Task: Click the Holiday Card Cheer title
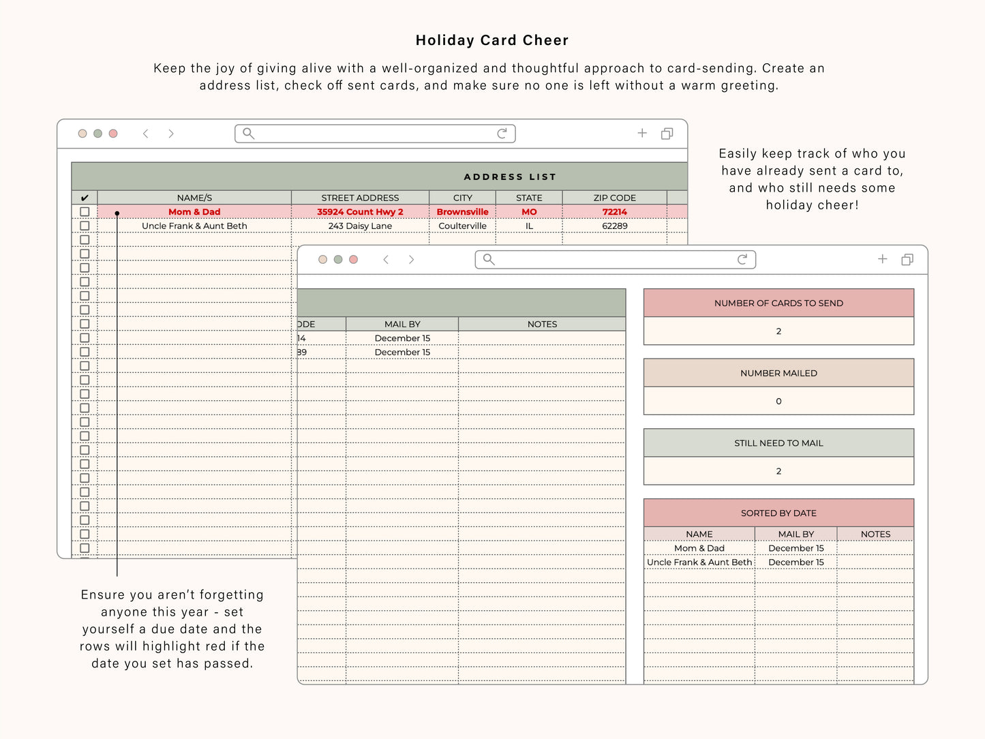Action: (492, 40)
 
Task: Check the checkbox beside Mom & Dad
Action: (85, 212)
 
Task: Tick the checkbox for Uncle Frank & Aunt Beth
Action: (85, 226)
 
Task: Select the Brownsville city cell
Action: (462, 212)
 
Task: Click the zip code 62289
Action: (614, 226)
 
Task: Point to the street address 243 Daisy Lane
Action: (360, 226)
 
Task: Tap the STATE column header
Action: (529, 198)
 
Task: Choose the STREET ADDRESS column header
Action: (360, 198)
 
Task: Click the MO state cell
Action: (529, 212)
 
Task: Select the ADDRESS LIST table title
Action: (510, 177)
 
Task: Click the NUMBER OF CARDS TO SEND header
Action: (778, 303)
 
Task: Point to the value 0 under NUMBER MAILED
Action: (778, 402)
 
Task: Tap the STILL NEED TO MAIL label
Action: (778, 443)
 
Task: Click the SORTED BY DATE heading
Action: (778, 513)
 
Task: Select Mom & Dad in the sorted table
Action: (699, 548)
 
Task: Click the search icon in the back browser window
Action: (249, 134)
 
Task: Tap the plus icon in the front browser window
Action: (883, 259)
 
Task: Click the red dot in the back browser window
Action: (113, 134)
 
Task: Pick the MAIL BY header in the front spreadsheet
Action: (402, 325)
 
